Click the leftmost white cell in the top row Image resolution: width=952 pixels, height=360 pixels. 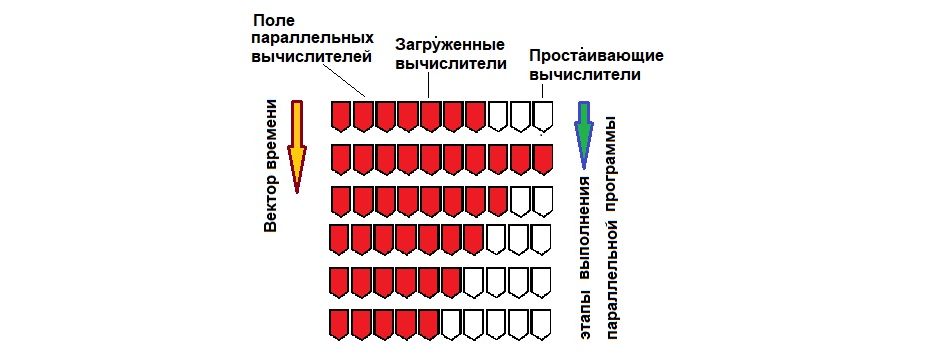[497, 116]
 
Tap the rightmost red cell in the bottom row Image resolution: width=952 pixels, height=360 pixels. [428, 325]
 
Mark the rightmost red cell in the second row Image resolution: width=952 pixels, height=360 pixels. [542, 159]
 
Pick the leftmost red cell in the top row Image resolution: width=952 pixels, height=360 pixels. [340, 116]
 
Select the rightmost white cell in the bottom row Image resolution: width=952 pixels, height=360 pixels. [542, 325]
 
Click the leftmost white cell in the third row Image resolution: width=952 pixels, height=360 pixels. [519, 200]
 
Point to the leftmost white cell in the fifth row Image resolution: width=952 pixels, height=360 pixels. [474, 282]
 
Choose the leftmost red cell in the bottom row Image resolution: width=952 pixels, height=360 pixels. [338, 325]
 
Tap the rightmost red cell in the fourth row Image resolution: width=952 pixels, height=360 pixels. [473, 240]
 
